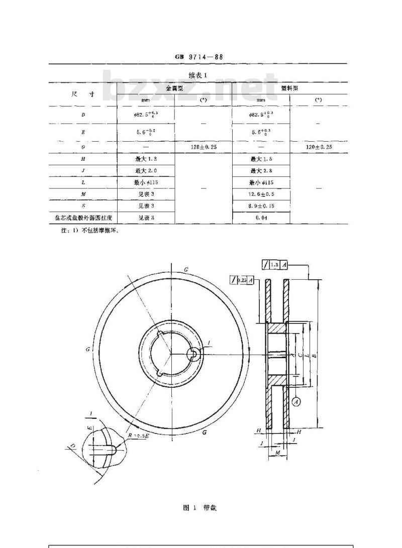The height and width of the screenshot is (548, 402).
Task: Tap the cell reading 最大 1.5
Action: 261,159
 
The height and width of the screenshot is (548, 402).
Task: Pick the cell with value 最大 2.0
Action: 145,171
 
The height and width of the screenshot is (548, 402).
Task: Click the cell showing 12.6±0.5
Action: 261,194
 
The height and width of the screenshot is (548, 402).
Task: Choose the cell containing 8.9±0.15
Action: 261,206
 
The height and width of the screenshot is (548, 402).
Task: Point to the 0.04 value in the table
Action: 261,218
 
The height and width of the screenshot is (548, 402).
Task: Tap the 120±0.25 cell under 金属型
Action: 203,147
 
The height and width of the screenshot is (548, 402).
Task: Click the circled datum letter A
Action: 296,401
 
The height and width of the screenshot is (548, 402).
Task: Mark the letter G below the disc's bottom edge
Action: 205,431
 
